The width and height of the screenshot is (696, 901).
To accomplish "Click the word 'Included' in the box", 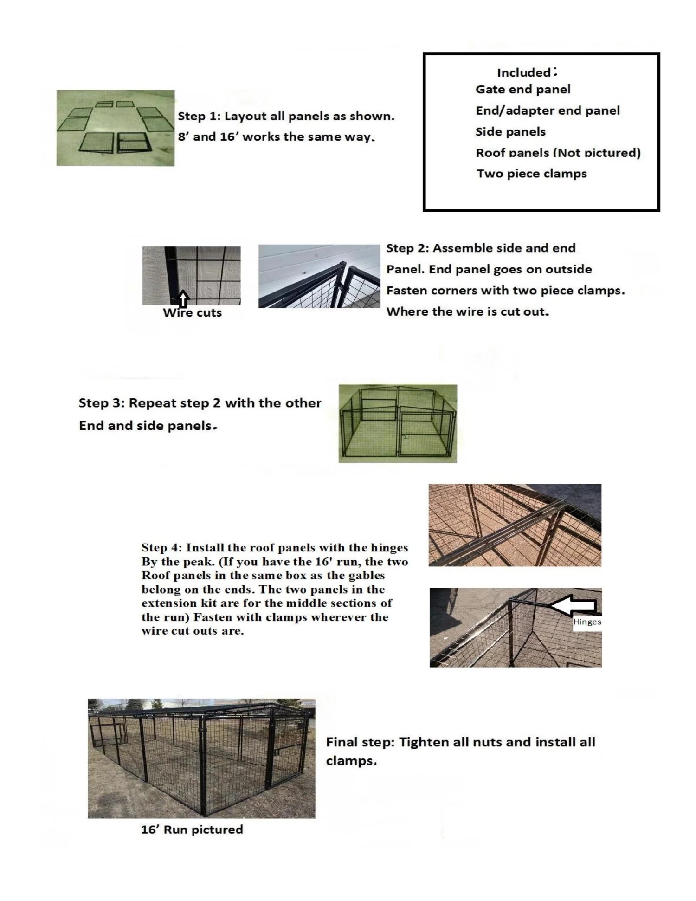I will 524,73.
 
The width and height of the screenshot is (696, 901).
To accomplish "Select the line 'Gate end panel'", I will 523,90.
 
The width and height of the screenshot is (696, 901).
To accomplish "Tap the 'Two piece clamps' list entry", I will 532,174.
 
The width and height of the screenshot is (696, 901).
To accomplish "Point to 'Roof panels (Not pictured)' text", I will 558,153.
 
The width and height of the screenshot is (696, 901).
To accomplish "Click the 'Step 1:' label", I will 199,116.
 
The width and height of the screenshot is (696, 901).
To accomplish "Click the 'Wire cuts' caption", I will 192,313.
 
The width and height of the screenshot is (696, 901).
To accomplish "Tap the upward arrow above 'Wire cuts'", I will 183,299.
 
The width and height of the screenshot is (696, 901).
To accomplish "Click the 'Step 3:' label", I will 102,403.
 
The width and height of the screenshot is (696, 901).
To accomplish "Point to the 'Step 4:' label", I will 161,548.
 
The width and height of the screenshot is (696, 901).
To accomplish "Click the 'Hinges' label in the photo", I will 587,622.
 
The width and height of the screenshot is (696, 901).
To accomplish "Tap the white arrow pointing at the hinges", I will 573,605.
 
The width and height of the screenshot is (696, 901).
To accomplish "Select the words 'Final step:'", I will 360,742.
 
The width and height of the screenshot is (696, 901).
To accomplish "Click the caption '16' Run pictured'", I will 192,830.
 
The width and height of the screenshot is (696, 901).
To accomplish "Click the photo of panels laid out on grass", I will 116,128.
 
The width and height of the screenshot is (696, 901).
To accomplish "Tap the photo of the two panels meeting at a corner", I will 319,276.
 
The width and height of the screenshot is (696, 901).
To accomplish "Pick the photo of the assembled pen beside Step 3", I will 398,423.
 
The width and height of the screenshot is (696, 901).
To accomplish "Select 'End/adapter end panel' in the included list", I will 548,110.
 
